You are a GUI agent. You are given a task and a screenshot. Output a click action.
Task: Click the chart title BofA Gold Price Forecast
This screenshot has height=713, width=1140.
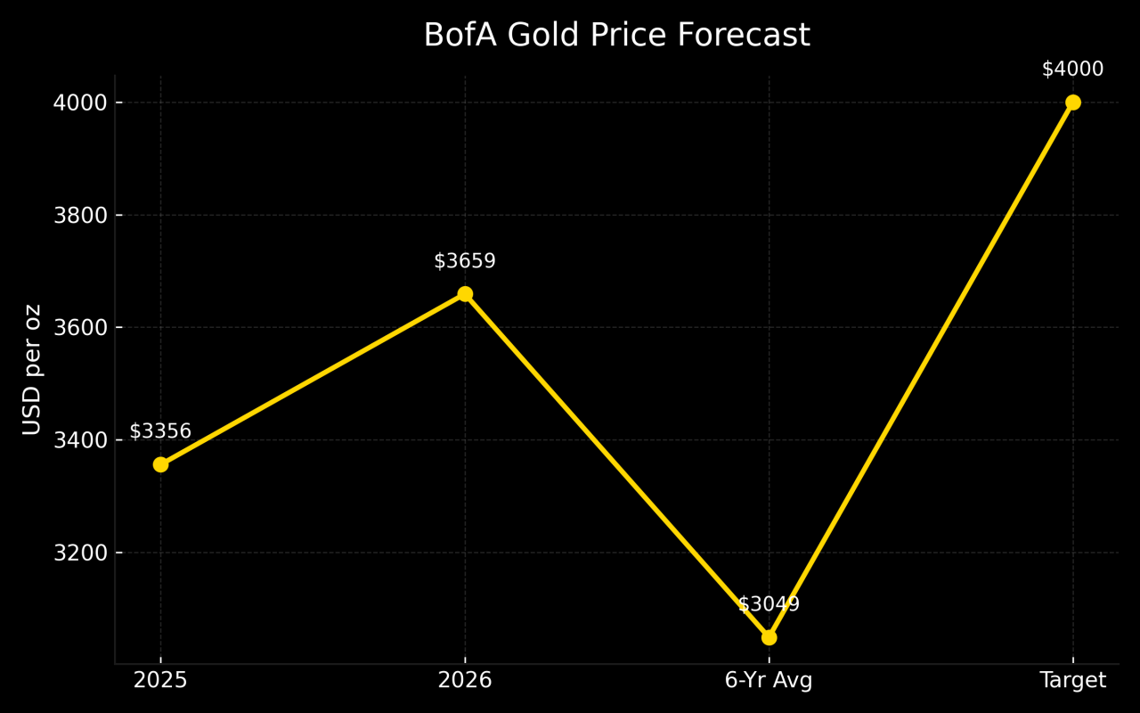point(616,36)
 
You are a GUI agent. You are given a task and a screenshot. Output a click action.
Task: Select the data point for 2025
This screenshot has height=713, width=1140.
point(160,464)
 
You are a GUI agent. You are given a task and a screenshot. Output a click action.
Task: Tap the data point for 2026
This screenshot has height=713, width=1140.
point(465,294)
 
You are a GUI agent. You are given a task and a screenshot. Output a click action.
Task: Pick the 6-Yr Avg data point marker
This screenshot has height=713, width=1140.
point(769,637)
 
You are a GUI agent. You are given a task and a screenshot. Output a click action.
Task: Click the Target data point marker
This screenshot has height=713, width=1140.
point(1072,102)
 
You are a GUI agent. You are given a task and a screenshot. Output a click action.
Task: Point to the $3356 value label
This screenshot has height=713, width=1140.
point(160,431)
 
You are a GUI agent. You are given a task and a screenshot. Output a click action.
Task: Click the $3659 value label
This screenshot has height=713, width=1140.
point(465,261)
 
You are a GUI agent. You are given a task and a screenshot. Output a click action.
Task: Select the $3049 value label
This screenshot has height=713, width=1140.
point(769,604)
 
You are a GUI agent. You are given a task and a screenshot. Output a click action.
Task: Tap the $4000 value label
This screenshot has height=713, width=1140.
point(1072,70)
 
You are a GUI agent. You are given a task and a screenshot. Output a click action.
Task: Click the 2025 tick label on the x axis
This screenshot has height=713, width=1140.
point(160,681)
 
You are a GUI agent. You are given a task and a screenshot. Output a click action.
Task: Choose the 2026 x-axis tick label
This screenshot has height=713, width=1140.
point(465,681)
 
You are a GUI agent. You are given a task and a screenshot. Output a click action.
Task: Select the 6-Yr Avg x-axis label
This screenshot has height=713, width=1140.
point(769,681)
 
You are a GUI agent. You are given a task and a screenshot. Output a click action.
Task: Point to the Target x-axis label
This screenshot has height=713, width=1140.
point(1072,681)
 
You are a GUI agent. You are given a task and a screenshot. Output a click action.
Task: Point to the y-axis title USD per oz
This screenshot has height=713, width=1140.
point(32,369)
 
